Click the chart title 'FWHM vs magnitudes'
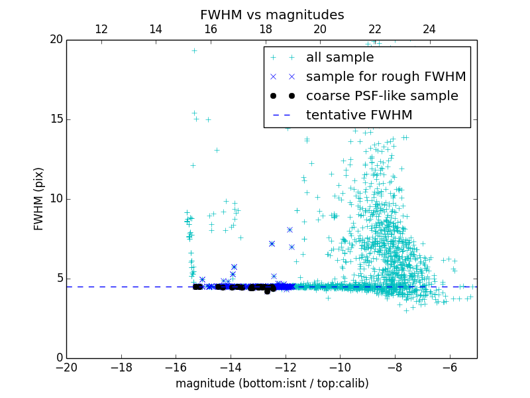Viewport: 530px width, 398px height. [272, 15]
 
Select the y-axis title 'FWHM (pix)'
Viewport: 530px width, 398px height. [39, 199]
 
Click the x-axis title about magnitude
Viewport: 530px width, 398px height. [272, 383]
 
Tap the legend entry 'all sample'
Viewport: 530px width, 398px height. [339, 58]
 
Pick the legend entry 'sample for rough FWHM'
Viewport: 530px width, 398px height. [386, 77]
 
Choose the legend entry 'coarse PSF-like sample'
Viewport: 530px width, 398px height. [382, 96]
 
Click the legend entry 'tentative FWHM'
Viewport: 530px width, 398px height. [358, 115]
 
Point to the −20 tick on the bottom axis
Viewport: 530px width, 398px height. [66, 367]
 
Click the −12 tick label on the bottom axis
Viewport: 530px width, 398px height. [285, 367]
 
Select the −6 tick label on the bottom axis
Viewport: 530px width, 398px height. [449, 367]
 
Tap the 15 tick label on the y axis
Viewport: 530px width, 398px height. [55, 119]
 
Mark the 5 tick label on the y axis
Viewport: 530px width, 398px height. [58, 279]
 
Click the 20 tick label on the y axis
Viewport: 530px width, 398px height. [55, 40]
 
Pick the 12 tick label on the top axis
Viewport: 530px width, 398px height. [101, 29]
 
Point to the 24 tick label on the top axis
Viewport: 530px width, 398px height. [429, 29]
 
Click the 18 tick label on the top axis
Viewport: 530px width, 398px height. [265, 29]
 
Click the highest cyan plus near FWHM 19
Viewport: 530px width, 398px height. [194, 50]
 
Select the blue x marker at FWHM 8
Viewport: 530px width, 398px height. [290, 230]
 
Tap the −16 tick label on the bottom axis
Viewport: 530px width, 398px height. [176, 367]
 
